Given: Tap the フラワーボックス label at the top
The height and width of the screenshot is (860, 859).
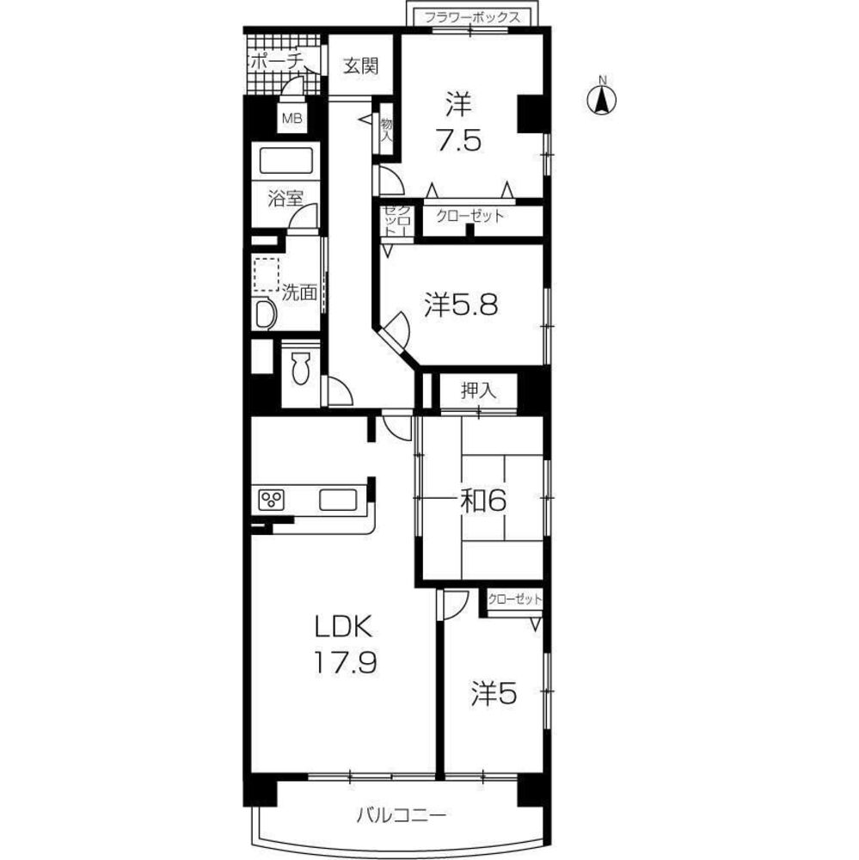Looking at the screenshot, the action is click(x=472, y=17).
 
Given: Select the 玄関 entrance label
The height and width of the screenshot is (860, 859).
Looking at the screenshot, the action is click(x=360, y=66).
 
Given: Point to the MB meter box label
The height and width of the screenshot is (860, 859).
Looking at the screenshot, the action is click(x=291, y=118).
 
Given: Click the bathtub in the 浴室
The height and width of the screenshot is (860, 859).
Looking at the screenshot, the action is click(x=285, y=160).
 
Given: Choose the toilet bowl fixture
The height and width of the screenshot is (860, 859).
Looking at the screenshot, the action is click(x=301, y=369).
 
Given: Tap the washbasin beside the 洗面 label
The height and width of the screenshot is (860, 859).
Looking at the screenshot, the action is click(x=265, y=316).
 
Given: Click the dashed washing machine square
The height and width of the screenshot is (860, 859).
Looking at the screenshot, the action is click(x=267, y=275).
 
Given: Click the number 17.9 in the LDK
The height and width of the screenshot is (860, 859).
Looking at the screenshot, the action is click(x=345, y=663).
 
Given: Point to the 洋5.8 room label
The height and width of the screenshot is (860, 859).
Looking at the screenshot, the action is click(x=461, y=305).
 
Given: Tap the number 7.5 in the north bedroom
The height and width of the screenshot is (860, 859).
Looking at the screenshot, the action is click(x=458, y=140).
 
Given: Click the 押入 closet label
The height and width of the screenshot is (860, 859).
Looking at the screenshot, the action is click(x=478, y=390).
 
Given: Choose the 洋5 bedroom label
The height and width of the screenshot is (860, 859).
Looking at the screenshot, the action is click(x=494, y=694).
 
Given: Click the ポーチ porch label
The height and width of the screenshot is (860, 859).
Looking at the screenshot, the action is click(x=277, y=61).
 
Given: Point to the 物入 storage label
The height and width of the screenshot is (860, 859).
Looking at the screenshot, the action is click(x=387, y=130).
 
